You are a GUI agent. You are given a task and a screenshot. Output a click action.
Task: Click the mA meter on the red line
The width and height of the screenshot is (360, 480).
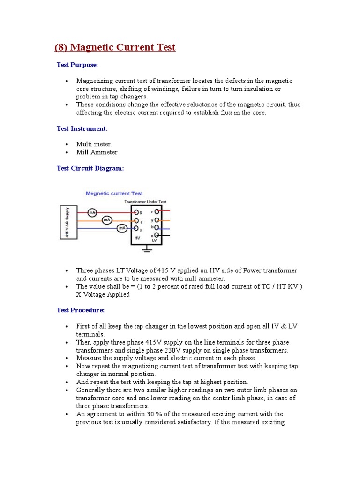[92, 212]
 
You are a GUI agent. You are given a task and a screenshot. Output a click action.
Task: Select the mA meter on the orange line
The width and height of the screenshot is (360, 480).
[107, 220]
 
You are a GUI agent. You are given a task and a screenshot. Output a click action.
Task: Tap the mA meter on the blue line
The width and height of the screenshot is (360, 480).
[122, 228]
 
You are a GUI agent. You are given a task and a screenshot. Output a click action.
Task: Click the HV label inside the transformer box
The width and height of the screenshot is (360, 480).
[137, 238]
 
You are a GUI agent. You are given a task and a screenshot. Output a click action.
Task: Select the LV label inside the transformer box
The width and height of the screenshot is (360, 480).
[154, 240]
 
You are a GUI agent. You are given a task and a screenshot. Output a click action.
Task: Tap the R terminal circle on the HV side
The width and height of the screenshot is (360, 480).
[136, 212]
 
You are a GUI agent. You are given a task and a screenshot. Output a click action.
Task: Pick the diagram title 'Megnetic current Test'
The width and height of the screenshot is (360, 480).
[114, 193]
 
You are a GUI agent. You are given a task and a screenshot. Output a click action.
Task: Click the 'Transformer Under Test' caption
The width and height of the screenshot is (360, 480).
[145, 202]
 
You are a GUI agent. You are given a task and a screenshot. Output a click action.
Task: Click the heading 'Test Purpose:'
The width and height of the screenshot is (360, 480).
[77, 65]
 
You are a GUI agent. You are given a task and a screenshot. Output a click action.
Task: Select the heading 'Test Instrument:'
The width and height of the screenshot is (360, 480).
[82, 128]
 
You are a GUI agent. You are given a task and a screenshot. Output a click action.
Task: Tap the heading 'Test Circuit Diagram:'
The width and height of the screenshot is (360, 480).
[90, 168]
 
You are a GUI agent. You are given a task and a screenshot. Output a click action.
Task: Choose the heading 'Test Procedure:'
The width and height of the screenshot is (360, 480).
[81, 310]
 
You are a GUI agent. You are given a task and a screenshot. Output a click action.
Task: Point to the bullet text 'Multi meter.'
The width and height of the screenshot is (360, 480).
[94, 144]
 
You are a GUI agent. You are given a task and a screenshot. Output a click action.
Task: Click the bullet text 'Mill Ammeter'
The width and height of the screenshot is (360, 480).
[97, 152]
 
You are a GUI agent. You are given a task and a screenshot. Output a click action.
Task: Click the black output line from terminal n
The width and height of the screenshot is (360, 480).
[167, 235]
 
